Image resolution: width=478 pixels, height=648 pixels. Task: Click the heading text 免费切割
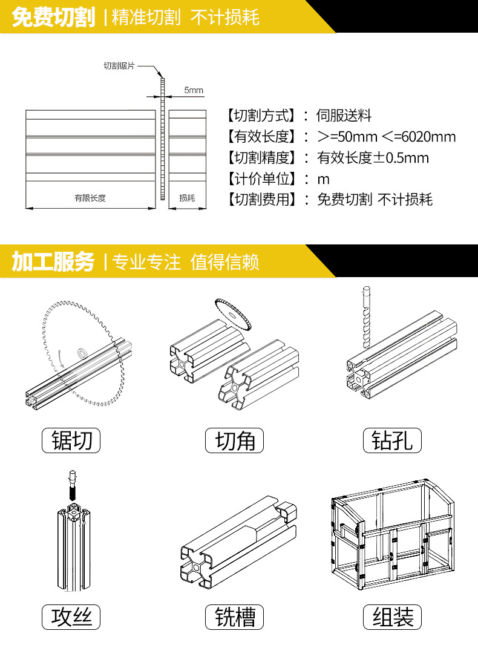pos(53,18)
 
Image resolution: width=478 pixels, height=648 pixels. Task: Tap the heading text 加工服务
pos(53,262)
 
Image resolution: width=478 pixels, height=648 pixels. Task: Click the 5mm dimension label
pos(194,91)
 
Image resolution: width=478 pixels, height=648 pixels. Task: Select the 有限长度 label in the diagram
pos(90,198)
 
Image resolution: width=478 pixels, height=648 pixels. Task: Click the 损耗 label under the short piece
pos(187,198)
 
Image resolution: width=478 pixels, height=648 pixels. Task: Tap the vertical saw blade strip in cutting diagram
pos(162,139)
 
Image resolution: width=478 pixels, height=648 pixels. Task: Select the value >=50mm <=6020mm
pos(386,137)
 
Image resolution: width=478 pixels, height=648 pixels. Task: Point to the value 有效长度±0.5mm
pos(373,158)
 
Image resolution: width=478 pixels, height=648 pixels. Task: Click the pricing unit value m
pos(323,179)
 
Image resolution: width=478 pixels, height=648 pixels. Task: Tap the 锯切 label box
pos(71,440)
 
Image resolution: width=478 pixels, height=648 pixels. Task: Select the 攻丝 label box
pos(71,617)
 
